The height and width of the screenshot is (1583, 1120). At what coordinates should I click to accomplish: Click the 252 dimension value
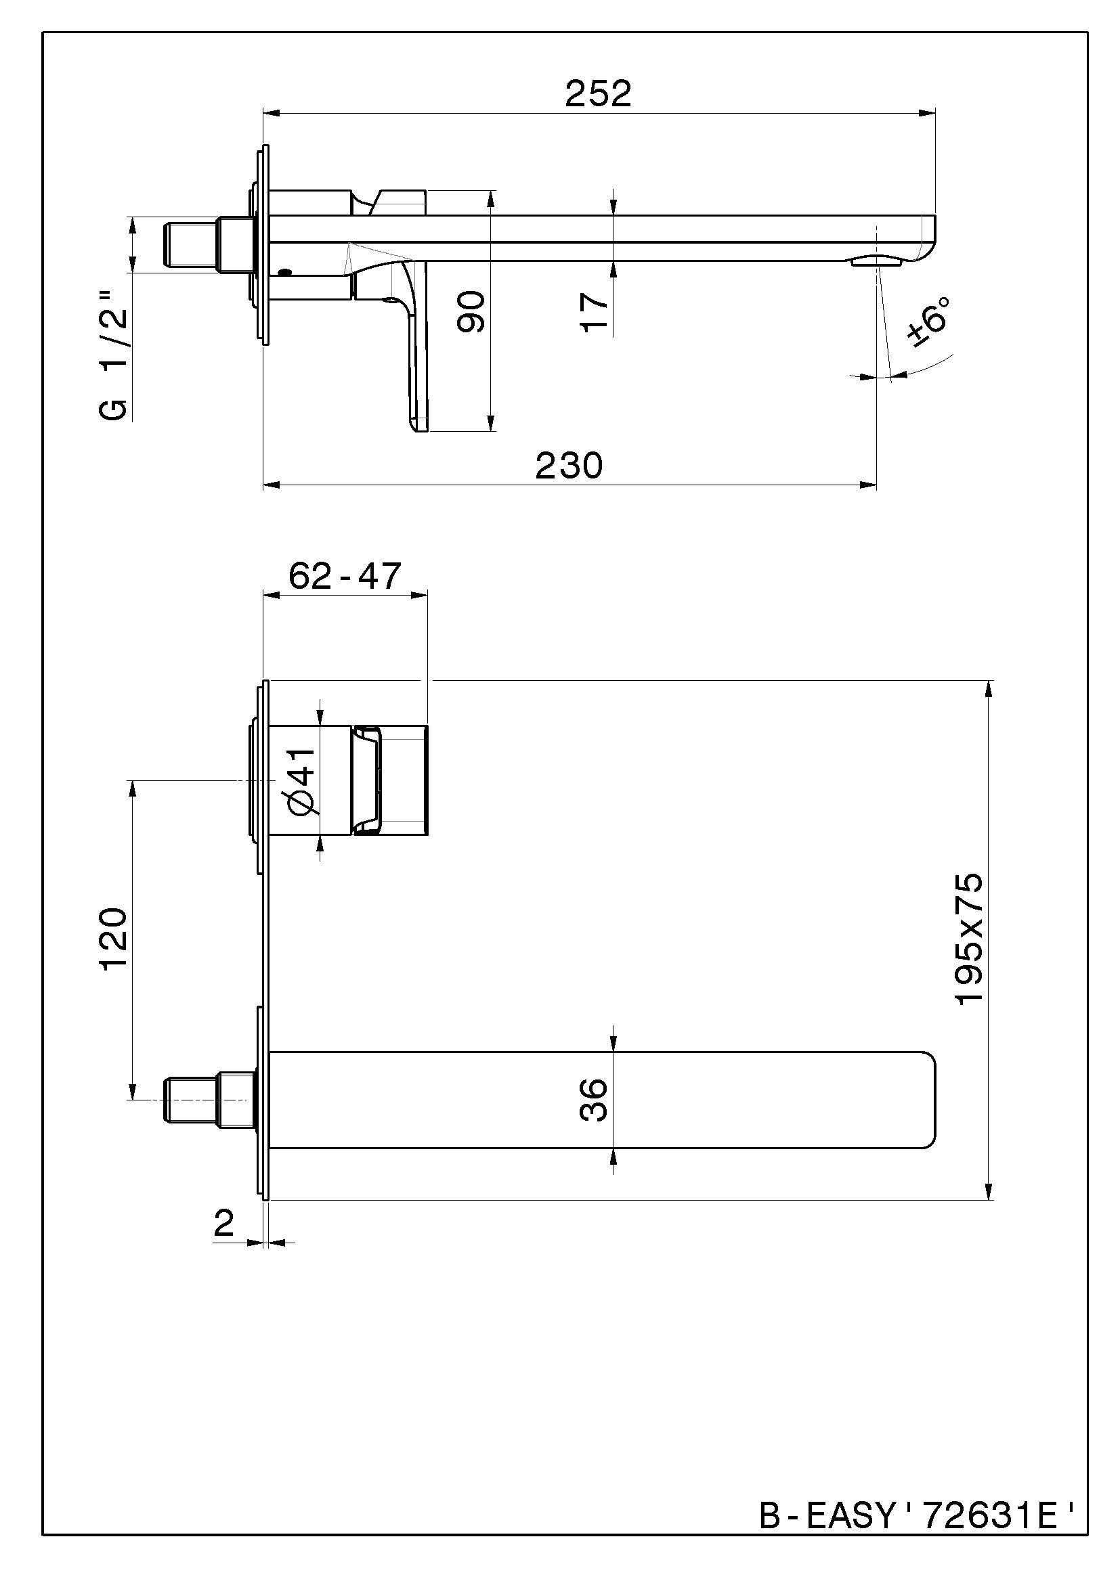pos(598,94)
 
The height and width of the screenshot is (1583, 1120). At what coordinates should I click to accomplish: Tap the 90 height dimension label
pos(472,311)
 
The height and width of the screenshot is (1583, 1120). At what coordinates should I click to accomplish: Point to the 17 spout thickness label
pos(595,312)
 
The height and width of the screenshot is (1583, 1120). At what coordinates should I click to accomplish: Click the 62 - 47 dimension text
pos(344,576)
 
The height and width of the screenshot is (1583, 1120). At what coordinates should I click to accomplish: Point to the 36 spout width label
pos(594,1100)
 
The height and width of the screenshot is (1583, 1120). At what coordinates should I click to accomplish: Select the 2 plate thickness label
pos(224,1224)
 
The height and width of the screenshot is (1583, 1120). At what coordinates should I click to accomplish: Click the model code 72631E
pos(991,1530)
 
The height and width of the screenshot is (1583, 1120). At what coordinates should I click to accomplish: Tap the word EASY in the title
pos(849,1530)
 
